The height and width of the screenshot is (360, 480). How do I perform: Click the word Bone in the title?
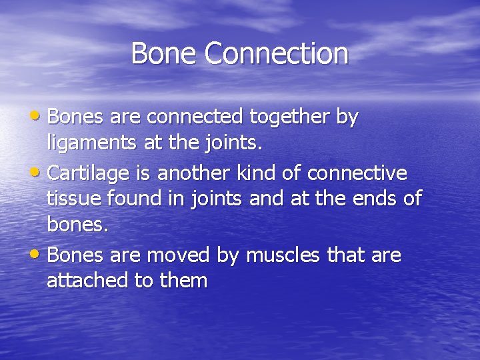(164, 53)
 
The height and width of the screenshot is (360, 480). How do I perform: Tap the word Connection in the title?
(277, 53)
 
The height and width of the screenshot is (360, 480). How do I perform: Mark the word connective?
(357, 173)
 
